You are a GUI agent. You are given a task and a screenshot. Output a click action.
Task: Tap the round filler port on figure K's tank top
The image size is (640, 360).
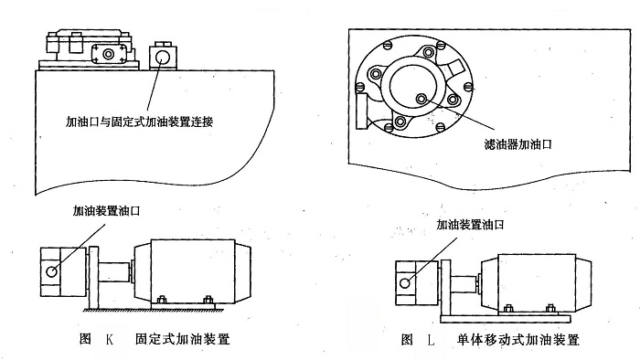[x=164, y=57]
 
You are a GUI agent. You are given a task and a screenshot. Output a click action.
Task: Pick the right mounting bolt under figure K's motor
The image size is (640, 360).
[x=208, y=297]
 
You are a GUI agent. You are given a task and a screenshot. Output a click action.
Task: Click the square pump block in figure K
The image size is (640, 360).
[x=60, y=270]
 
